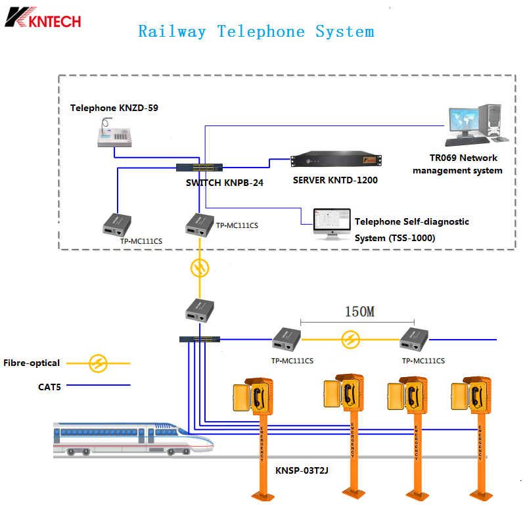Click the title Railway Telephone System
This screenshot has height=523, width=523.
(256, 32)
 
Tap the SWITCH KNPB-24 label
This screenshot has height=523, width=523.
(225, 183)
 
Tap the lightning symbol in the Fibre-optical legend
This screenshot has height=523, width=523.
(99, 362)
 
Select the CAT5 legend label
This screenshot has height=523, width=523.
(49, 388)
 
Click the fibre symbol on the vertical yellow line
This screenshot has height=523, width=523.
(200, 267)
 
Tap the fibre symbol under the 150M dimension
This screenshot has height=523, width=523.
(350, 340)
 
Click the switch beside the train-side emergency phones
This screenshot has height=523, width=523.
(200, 340)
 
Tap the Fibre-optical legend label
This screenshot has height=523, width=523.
(32, 363)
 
